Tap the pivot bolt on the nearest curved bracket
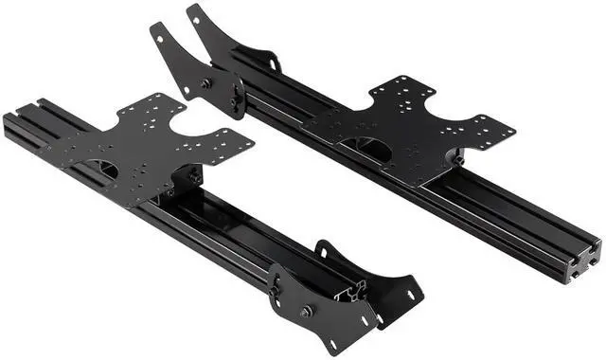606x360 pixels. tap(305, 311)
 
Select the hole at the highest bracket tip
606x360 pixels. tap(194, 12)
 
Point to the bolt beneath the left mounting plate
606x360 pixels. tap(194, 177)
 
